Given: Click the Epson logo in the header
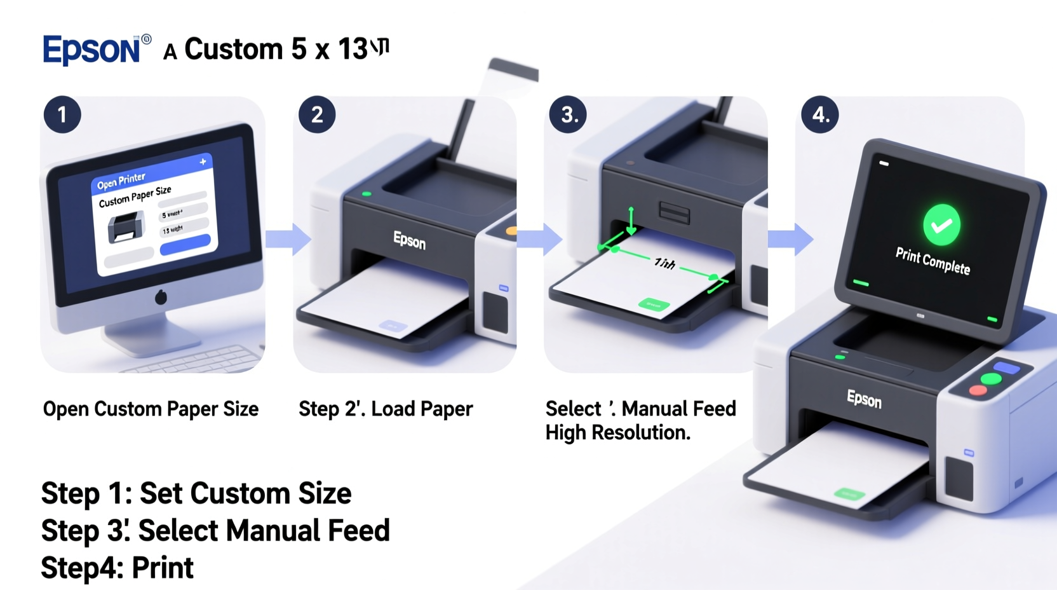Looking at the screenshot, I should (x=91, y=50).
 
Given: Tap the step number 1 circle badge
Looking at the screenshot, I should (x=62, y=115).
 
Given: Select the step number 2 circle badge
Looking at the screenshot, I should (x=317, y=115).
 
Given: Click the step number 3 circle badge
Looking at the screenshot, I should (x=569, y=115).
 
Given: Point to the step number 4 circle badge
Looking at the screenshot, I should (x=820, y=115).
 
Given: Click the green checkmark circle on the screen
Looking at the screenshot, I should (x=941, y=225).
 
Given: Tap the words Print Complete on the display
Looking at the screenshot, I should (x=932, y=261).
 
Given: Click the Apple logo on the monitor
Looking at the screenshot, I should (x=161, y=296).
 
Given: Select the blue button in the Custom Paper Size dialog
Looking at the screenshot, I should (x=185, y=245).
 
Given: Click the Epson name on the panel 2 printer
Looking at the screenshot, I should (x=409, y=240).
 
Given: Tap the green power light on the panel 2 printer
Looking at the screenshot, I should (x=367, y=194).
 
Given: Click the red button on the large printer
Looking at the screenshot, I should (x=978, y=390).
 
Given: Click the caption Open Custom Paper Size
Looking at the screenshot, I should (x=151, y=409).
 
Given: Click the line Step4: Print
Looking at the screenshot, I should (x=117, y=568).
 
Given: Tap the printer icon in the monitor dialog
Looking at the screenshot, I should (x=125, y=228).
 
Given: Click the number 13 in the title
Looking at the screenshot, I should (x=353, y=50).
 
